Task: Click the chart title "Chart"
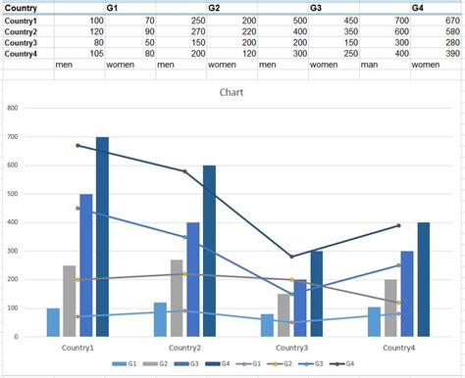tap(232, 93)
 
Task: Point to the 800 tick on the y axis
tap(13, 108)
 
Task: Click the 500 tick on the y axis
tap(13, 194)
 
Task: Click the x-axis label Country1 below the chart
tap(74, 348)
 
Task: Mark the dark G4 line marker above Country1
tap(77, 145)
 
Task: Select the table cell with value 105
tap(95, 53)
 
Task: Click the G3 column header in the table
tap(316, 8)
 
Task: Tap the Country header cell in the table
tap(21, 8)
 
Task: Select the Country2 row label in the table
tap(22, 31)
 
